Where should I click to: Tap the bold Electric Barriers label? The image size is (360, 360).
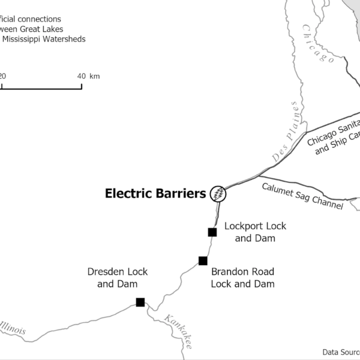click(155, 193)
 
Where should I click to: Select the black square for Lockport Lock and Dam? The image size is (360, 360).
click(212, 232)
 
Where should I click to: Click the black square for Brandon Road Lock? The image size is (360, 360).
click(203, 260)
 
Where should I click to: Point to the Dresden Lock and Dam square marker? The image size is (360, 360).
click(140, 302)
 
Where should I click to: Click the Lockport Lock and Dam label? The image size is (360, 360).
click(255, 232)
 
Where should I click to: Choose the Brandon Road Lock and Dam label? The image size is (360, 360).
click(242, 277)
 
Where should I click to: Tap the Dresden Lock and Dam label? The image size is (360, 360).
click(118, 278)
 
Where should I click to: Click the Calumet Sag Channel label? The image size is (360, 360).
click(302, 196)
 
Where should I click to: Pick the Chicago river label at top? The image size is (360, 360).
click(317, 43)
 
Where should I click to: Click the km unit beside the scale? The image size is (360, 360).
click(95, 76)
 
